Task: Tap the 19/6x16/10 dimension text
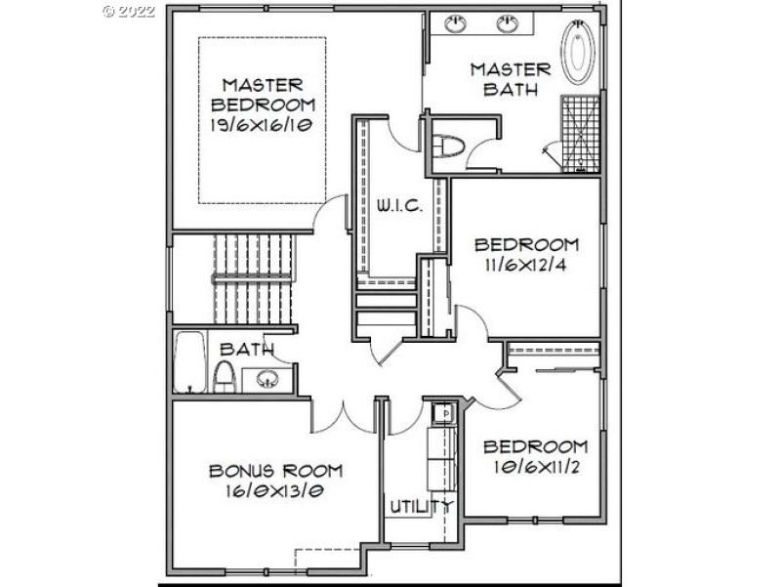click(x=261, y=125)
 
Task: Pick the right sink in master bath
click(x=507, y=23)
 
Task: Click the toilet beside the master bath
click(x=448, y=145)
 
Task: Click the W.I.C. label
click(x=399, y=207)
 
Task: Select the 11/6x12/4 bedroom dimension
click(x=526, y=265)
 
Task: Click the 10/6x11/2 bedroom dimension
click(x=537, y=468)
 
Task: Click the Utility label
click(x=421, y=506)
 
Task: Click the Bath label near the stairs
click(x=245, y=349)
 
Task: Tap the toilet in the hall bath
click(x=225, y=376)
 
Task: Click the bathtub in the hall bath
click(x=189, y=362)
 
